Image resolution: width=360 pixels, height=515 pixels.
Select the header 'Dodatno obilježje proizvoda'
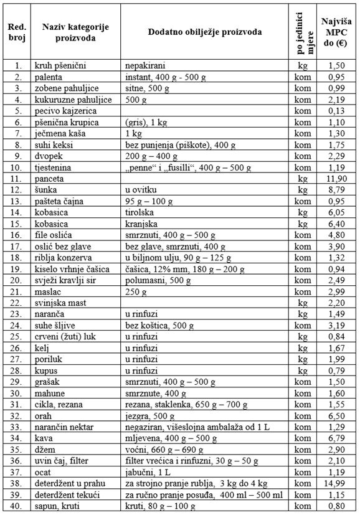[x=204, y=32]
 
